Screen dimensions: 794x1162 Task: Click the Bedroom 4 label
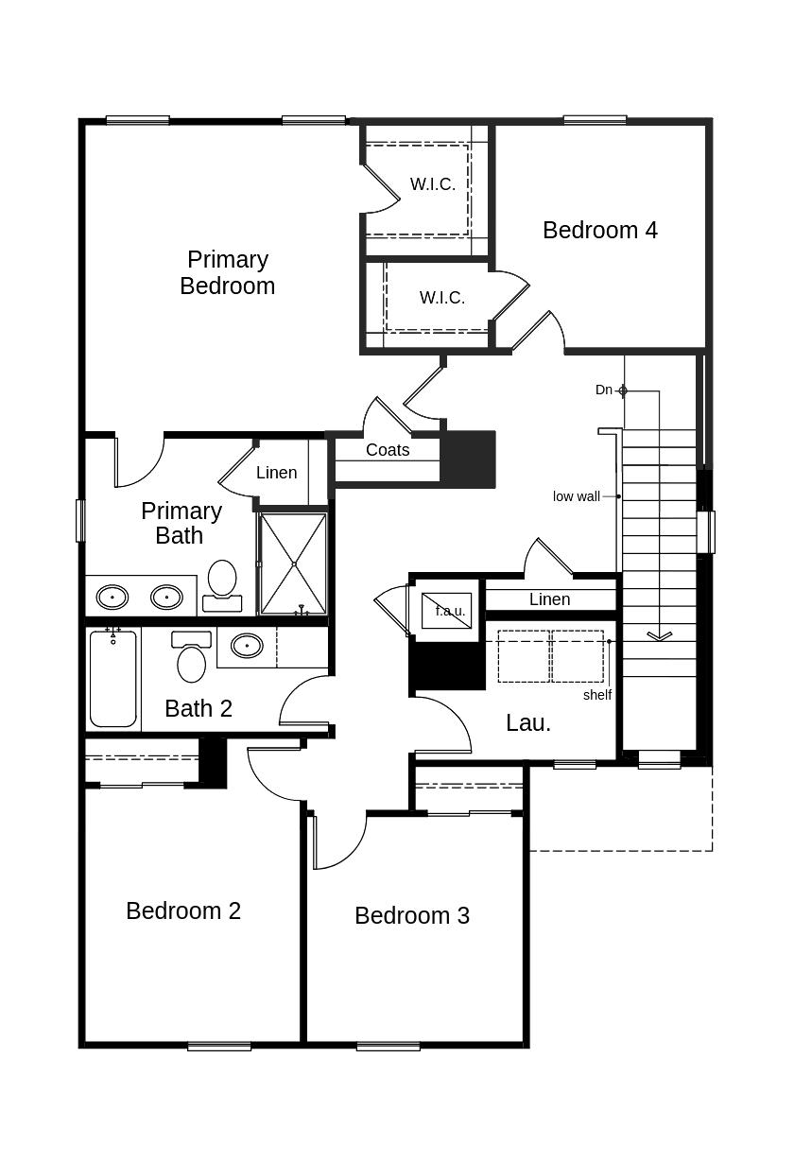tap(600, 230)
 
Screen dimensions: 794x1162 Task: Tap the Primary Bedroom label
tap(228, 272)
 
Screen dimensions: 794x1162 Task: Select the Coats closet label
tap(388, 450)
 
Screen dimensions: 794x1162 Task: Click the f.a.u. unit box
tap(446, 611)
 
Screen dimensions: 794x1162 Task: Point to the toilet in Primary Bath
tap(222, 586)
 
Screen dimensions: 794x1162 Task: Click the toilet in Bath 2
tap(191, 656)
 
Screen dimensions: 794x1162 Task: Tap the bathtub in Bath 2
tap(113, 678)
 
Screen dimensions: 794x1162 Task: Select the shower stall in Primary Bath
tap(294, 564)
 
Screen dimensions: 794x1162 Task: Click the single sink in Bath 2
tap(247, 646)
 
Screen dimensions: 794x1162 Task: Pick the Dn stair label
tap(604, 390)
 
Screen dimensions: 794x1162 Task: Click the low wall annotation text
tap(577, 496)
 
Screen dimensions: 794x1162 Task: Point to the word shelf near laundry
tap(597, 695)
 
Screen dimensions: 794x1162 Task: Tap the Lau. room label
tap(528, 722)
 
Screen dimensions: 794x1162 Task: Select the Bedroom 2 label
tap(183, 911)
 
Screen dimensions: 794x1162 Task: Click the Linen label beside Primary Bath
tap(276, 473)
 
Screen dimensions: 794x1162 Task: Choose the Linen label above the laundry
tap(550, 599)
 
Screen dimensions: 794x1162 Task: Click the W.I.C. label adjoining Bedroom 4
tap(442, 297)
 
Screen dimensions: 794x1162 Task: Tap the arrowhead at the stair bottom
tap(660, 635)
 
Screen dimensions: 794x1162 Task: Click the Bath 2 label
tap(198, 708)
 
